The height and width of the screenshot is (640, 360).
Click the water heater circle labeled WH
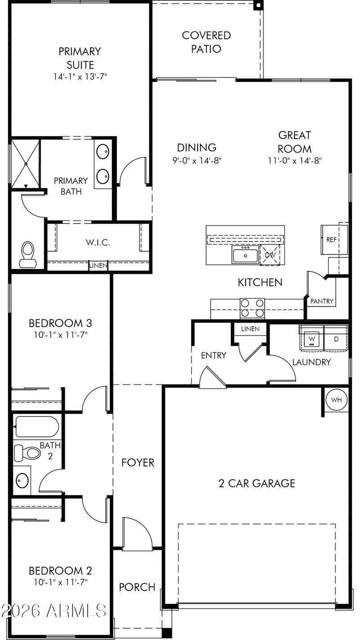point(337,400)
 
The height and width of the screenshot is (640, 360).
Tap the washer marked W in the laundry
point(312,339)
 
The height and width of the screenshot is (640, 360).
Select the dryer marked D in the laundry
point(336,339)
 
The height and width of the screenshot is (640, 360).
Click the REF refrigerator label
point(332,239)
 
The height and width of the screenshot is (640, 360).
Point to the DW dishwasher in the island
point(270,255)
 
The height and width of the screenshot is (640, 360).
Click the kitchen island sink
point(245,255)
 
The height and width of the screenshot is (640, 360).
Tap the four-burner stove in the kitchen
point(252,308)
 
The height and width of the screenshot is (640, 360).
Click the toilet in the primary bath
point(28,255)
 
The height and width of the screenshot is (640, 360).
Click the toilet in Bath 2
point(27,453)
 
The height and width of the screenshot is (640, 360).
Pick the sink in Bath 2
point(22,480)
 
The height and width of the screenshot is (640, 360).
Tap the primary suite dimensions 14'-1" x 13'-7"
point(80,77)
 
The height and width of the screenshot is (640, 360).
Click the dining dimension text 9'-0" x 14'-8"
point(197,161)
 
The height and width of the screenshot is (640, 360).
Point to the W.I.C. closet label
point(98,243)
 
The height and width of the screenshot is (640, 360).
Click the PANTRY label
point(322,301)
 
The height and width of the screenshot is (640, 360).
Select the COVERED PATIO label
point(206,42)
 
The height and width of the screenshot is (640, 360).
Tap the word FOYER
point(138,463)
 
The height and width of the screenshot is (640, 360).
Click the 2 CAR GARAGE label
point(257,483)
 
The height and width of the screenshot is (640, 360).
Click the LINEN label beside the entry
point(250,329)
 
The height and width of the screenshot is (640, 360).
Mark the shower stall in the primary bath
point(26,164)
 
